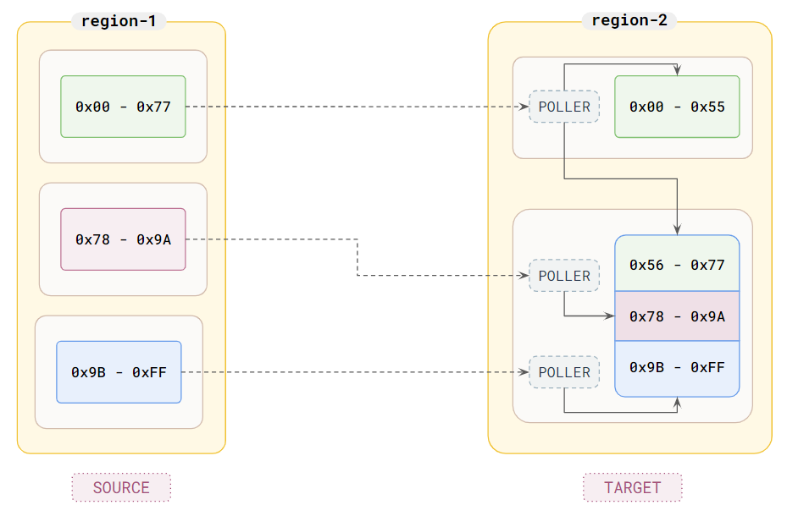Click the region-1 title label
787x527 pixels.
click(119, 21)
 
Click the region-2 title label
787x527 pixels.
click(629, 21)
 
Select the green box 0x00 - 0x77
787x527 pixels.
click(123, 107)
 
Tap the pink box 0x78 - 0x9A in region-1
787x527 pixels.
click(123, 239)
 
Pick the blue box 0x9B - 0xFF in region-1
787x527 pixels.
click(119, 372)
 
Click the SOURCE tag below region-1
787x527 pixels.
click(121, 487)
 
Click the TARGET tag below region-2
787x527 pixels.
click(632, 487)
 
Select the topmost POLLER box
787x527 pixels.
click(564, 107)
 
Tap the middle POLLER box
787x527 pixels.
click(564, 276)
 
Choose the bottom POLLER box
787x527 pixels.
click(564, 372)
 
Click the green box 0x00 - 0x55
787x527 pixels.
click(677, 107)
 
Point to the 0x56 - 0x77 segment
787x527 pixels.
click(677, 265)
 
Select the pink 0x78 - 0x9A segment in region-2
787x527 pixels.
click(677, 316)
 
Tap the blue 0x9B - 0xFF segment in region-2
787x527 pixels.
click(677, 368)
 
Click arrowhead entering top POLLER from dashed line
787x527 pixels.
click(524, 107)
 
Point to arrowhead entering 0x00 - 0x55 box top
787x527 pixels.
click(677, 71)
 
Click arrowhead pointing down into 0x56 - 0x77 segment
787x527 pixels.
click(677, 229)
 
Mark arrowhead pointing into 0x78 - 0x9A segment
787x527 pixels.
click(609, 316)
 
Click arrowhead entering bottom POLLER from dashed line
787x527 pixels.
click(524, 372)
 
